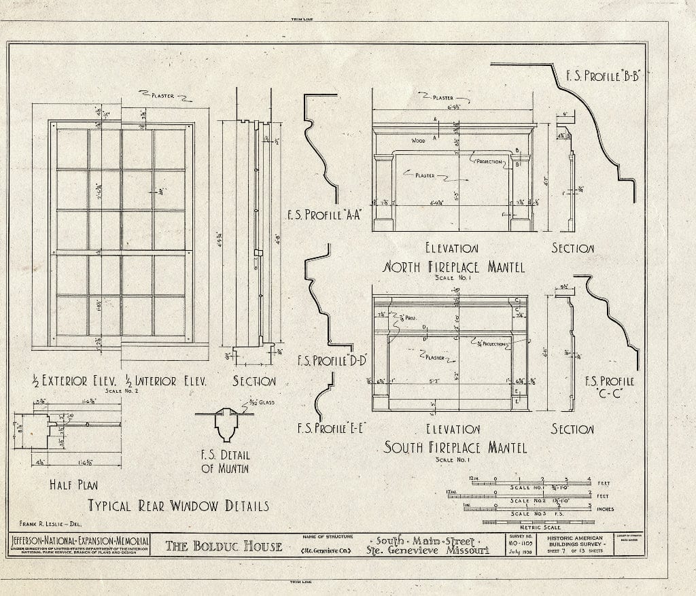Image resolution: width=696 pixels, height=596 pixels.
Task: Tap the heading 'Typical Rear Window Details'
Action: pos(178,506)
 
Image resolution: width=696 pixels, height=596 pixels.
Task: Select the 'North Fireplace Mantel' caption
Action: pos(454,267)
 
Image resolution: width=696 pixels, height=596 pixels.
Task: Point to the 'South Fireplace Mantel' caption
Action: pos(455,447)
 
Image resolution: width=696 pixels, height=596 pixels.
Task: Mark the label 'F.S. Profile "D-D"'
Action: pos(331,361)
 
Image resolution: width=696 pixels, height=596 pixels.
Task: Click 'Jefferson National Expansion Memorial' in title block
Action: pos(80,540)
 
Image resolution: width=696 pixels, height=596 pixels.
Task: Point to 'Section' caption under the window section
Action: pos(254,381)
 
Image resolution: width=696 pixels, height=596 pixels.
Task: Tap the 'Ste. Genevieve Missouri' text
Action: pos(428,550)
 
